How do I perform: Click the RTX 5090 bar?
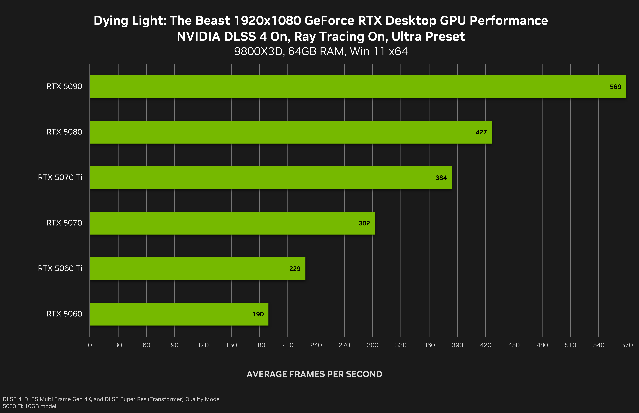click(x=358, y=87)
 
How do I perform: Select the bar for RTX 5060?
click(x=179, y=314)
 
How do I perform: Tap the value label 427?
click(x=481, y=132)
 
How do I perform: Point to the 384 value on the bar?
click(x=441, y=178)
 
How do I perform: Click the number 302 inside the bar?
click(x=364, y=223)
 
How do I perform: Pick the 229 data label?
click(x=295, y=269)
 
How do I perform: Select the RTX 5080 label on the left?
click(x=64, y=132)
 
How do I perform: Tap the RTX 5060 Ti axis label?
click(x=60, y=268)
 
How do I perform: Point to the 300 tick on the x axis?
click(x=372, y=345)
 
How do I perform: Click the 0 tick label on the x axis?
click(x=90, y=345)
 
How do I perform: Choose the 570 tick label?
click(x=627, y=345)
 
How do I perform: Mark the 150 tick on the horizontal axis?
click(x=231, y=345)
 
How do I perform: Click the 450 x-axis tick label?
click(x=514, y=345)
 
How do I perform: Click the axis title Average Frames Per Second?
click(x=314, y=374)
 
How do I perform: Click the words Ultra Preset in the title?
click(x=428, y=36)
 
